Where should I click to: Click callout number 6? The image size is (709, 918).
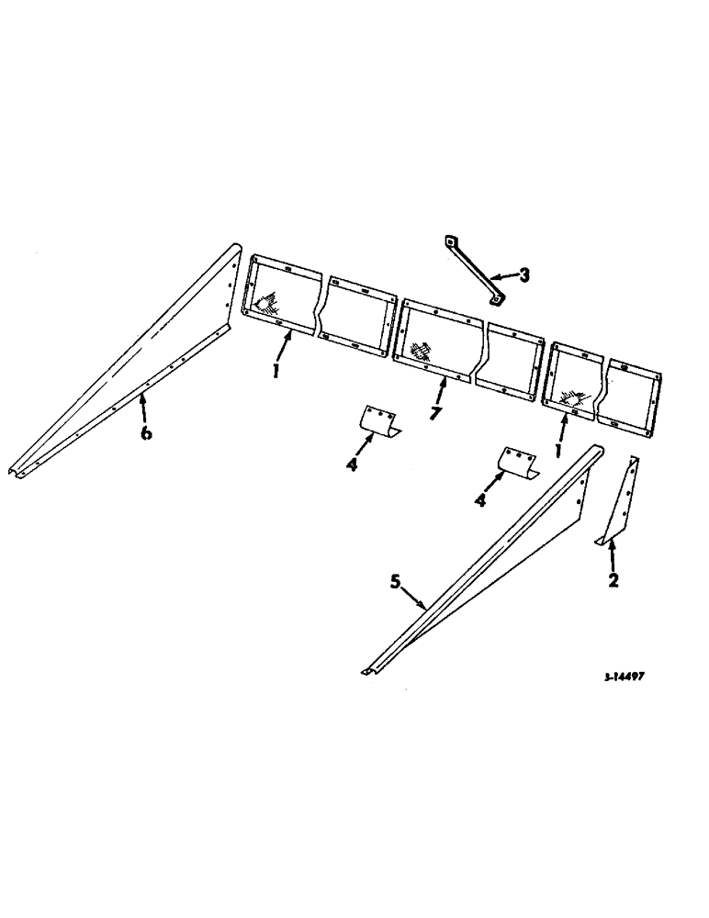click(146, 432)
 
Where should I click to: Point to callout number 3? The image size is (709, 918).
click(523, 274)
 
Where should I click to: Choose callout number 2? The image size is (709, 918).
click(613, 580)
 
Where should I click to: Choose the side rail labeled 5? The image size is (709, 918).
click(478, 569)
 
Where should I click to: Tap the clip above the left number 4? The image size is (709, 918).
click(378, 420)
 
